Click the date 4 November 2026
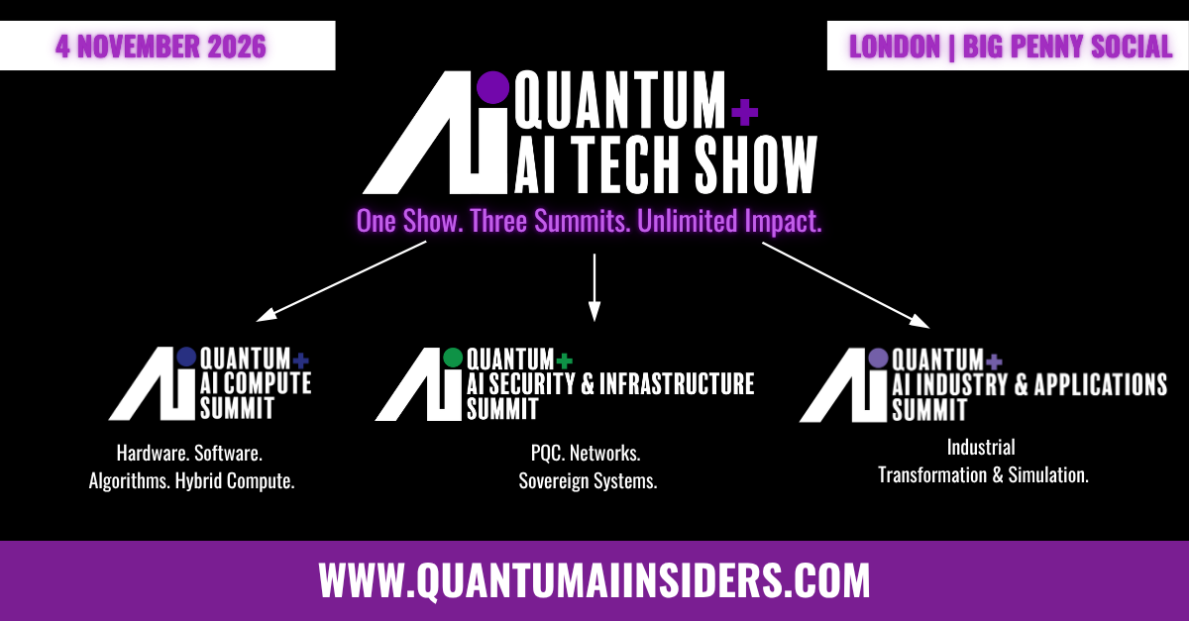(x=161, y=47)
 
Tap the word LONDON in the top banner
(x=895, y=47)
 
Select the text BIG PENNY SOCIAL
(x=1067, y=47)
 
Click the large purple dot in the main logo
(x=492, y=87)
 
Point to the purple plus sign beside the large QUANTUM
(x=745, y=112)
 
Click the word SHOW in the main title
(x=755, y=164)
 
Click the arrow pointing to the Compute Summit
(x=341, y=281)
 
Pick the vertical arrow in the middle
(x=594, y=287)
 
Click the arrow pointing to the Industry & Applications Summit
(x=845, y=285)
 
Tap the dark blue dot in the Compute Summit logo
(x=186, y=357)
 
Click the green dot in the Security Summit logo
(x=453, y=358)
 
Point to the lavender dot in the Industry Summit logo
(x=878, y=359)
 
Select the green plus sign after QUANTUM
(x=564, y=361)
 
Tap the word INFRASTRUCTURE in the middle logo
(x=677, y=383)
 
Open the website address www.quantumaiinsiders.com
(x=594, y=580)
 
